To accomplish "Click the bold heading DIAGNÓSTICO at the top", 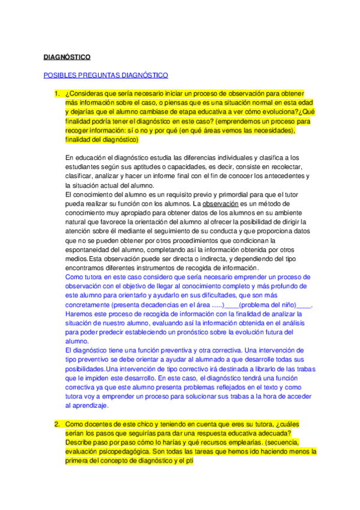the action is pyautogui.click(x=67, y=57).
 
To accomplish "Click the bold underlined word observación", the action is pyautogui.click(x=222, y=204).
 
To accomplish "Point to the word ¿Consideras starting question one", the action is pyautogui.click(x=84, y=94).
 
